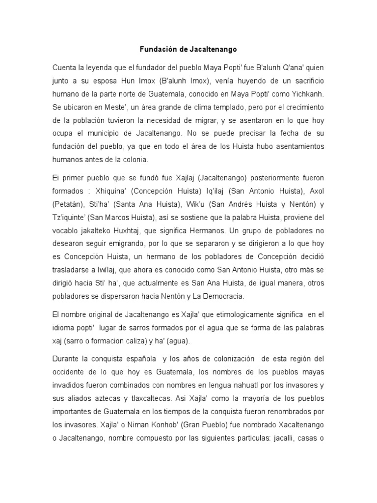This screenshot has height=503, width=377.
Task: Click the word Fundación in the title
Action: pos(156,50)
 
